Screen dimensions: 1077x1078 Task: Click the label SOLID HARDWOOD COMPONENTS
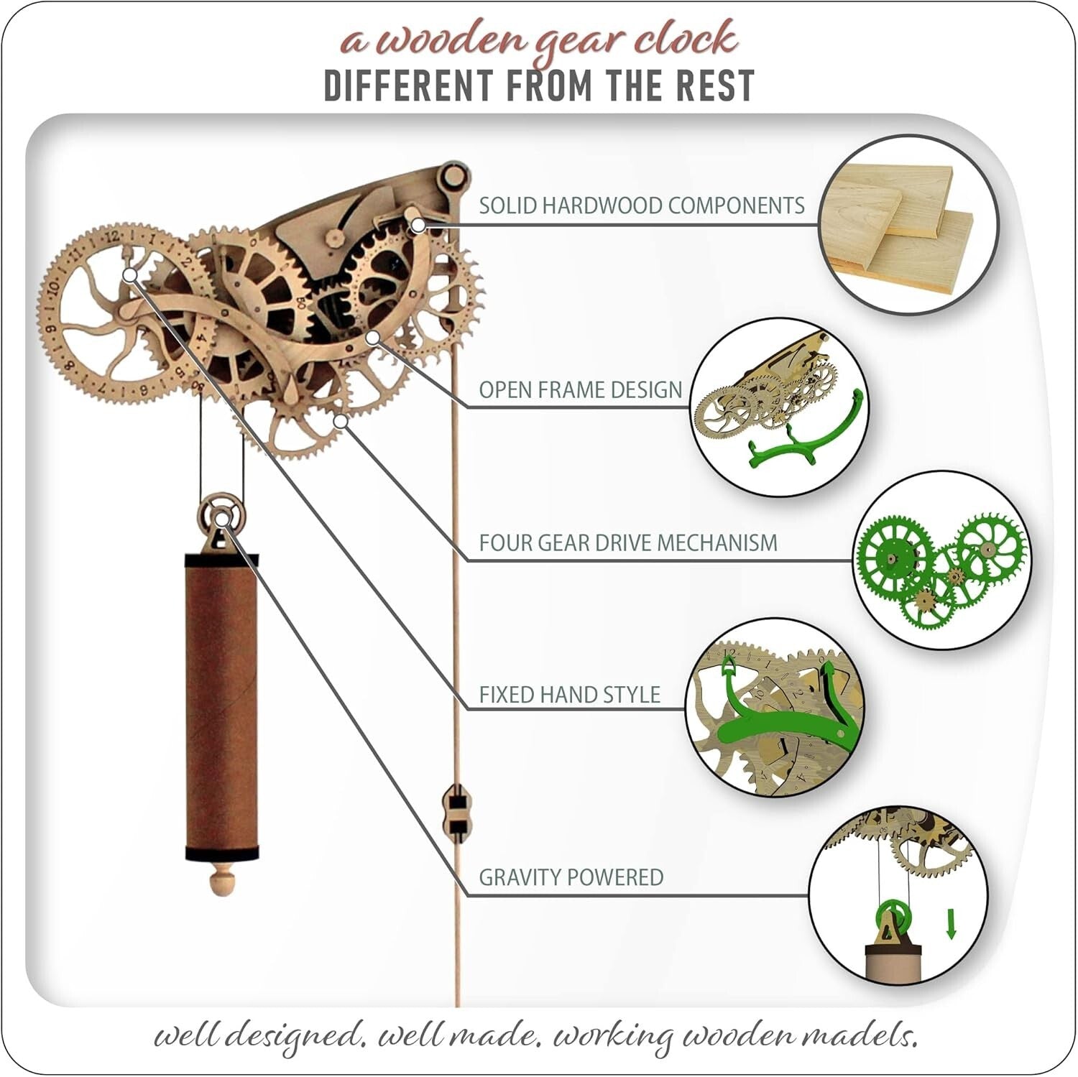(x=641, y=205)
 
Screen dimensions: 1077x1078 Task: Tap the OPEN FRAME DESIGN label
(x=580, y=389)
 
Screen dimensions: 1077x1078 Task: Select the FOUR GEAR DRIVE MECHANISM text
(x=627, y=542)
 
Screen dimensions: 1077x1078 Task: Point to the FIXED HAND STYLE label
(x=569, y=695)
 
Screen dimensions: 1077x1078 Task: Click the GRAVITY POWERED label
(x=571, y=877)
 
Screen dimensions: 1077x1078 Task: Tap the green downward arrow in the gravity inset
(x=951, y=924)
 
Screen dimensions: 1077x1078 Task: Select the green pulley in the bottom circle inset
(x=892, y=917)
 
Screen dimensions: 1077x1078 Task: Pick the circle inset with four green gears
(x=941, y=561)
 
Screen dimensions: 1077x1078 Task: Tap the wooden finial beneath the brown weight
(x=221, y=879)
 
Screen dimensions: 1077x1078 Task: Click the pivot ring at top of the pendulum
(x=454, y=174)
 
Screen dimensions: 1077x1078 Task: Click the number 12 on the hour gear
(x=111, y=234)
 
